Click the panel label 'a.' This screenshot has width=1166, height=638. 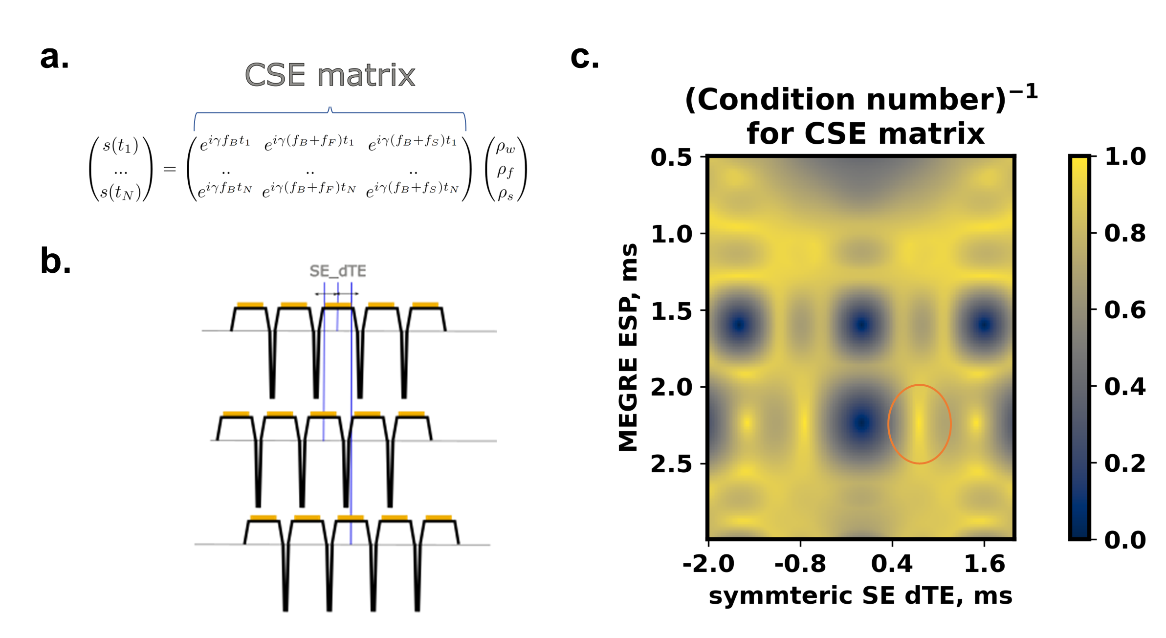tap(54, 57)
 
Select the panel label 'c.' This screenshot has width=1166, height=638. tap(585, 57)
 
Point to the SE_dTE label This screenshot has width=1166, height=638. tap(338, 271)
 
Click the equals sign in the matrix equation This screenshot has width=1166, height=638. tap(170, 169)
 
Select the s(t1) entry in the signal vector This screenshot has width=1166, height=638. tap(121, 146)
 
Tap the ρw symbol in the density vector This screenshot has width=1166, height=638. tap(506, 147)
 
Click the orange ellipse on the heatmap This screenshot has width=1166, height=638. tap(888, 424)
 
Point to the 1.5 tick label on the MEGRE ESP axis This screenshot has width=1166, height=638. tap(671, 311)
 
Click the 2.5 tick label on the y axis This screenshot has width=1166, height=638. tap(671, 464)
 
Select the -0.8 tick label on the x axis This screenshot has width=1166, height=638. tap(800, 564)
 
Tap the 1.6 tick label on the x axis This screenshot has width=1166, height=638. tap(984, 564)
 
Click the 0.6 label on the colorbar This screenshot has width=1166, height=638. tap(1125, 310)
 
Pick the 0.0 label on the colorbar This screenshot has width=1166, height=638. tap(1125, 540)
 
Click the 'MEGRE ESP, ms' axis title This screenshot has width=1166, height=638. tap(628, 348)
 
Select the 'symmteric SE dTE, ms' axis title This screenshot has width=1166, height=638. tap(860, 596)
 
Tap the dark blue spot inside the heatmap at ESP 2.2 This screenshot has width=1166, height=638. tap(861, 423)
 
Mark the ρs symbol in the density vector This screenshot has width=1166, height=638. tap(506, 194)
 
